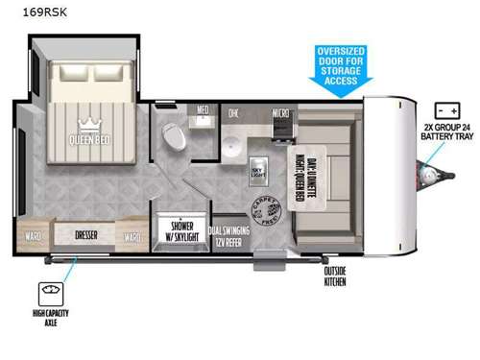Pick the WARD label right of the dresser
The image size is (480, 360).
click(133, 234)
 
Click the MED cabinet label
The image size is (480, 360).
click(204, 109)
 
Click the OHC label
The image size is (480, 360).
click(233, 113)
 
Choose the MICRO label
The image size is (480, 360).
click(281, 112)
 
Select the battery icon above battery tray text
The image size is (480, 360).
click(444, 111)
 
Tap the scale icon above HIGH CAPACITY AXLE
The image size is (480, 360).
click(47, 291)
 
